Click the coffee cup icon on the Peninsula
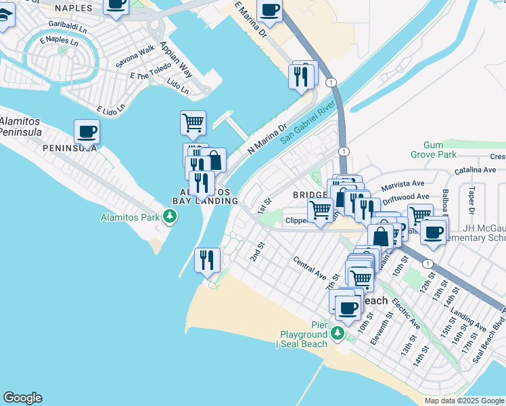point(87,131)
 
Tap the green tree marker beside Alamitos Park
point(170,217)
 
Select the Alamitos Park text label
point(129,217)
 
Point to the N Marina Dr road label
point(268,138)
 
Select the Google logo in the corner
point(23,398)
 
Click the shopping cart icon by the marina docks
point(193,123)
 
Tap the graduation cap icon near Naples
point(4,18)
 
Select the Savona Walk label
point(135,55)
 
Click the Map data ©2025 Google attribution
point(464,401)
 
